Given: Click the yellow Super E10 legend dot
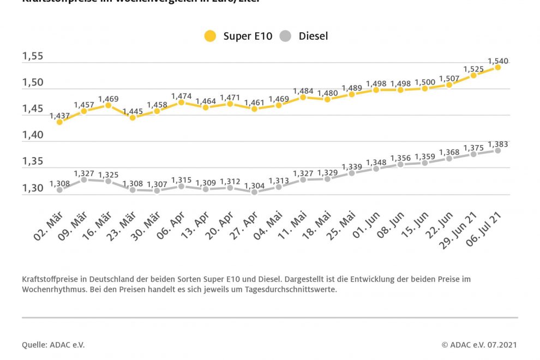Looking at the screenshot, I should coord(210,37).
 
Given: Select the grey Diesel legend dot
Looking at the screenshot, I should coord(285,37).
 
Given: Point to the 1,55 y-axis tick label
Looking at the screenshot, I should coord(33,57).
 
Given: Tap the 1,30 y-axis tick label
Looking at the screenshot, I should coord(33,188).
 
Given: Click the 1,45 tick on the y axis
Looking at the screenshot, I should coord(33,109).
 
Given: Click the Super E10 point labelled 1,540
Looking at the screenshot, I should coord(498,68).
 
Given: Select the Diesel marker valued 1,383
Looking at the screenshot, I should coord(498,151).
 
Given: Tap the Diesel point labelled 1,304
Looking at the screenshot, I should coord(254,192).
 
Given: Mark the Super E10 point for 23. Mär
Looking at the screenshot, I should coord(133,117).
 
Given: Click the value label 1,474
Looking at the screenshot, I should coord(182,96).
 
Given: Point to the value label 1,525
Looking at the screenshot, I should coord(473,69).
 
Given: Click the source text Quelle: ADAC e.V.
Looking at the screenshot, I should coord(53,345).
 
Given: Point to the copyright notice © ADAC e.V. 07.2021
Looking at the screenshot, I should coord(479,345).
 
